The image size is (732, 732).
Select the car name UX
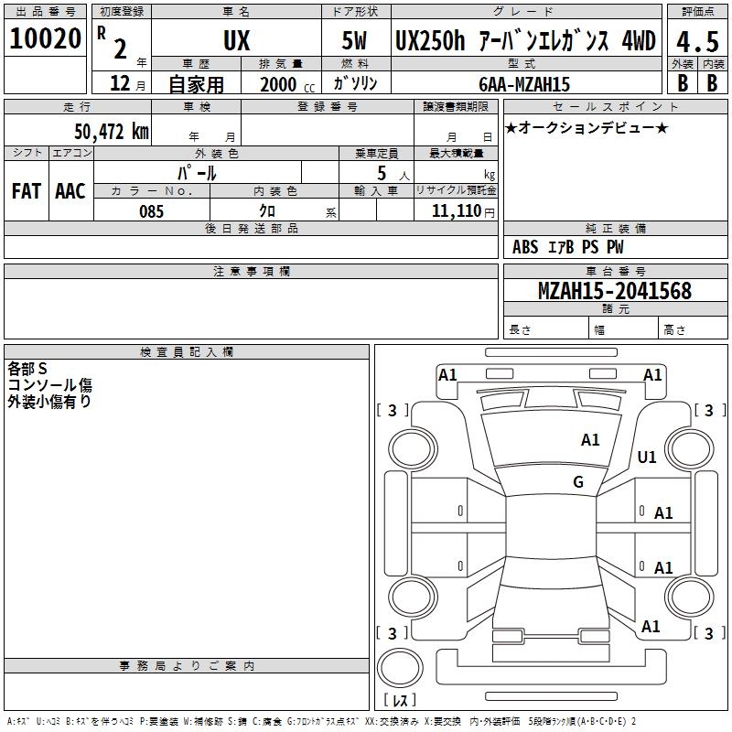236,41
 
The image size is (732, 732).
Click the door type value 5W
357,41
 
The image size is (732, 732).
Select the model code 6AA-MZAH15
524,84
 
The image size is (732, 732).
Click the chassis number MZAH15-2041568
614,291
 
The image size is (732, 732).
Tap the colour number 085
151,211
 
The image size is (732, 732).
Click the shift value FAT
26,191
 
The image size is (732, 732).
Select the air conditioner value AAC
70,191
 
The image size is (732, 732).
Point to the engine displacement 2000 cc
283,84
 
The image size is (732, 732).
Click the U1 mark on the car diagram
647,457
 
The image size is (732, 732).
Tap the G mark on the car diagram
578,482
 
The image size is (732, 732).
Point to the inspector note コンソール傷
49,385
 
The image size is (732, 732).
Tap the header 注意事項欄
252,272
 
